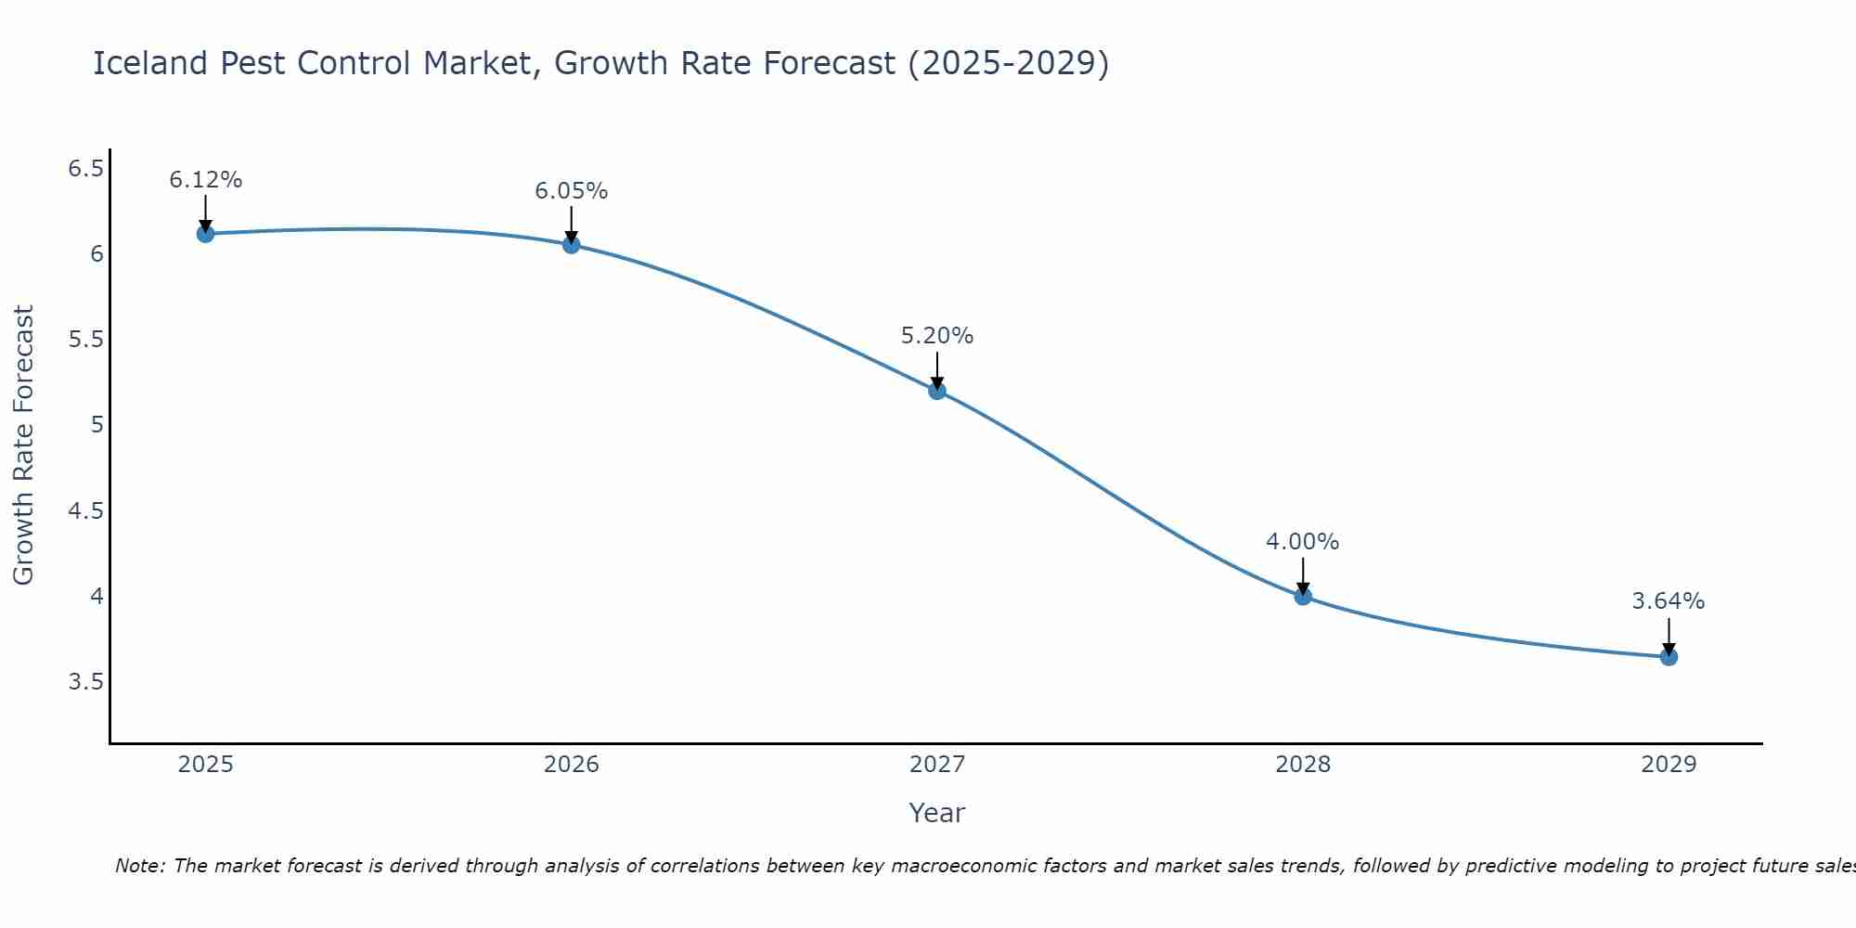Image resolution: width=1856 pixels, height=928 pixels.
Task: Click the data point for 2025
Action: pos(206,234)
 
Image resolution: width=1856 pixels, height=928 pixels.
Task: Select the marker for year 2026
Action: pos(572,245)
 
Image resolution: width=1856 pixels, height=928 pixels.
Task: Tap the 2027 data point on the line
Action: pos(937,391)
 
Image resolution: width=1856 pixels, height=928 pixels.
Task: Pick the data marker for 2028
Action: pos(1303,597)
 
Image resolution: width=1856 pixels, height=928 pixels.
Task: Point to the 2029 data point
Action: pos(1669,657)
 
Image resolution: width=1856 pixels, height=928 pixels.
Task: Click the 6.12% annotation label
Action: pos(206,180)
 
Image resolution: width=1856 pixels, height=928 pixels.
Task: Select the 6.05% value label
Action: pos(572,191)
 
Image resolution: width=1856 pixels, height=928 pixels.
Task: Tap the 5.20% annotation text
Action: pos(937,336)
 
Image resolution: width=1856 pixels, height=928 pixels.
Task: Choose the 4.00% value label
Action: pos(1303,542)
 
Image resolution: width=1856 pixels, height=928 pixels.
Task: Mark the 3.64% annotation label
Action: pos(1669,601)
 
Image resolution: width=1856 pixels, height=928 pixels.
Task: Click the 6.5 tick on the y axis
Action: pos(86,168)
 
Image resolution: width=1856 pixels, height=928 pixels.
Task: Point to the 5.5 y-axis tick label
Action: pos(86,340)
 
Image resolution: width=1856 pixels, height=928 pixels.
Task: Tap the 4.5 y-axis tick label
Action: pos(86,511)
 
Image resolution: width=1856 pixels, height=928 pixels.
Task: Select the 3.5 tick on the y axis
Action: pos(86,682)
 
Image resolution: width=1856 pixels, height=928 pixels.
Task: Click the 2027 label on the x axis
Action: pos(937,765)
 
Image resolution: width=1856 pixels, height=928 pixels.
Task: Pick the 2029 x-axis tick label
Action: pos(1669,765)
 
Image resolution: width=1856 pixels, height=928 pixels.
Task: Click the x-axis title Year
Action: pos(937,813)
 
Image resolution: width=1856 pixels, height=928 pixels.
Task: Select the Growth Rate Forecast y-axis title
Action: pos(24,445)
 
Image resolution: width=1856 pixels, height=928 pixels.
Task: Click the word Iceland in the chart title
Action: pos(149,63)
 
